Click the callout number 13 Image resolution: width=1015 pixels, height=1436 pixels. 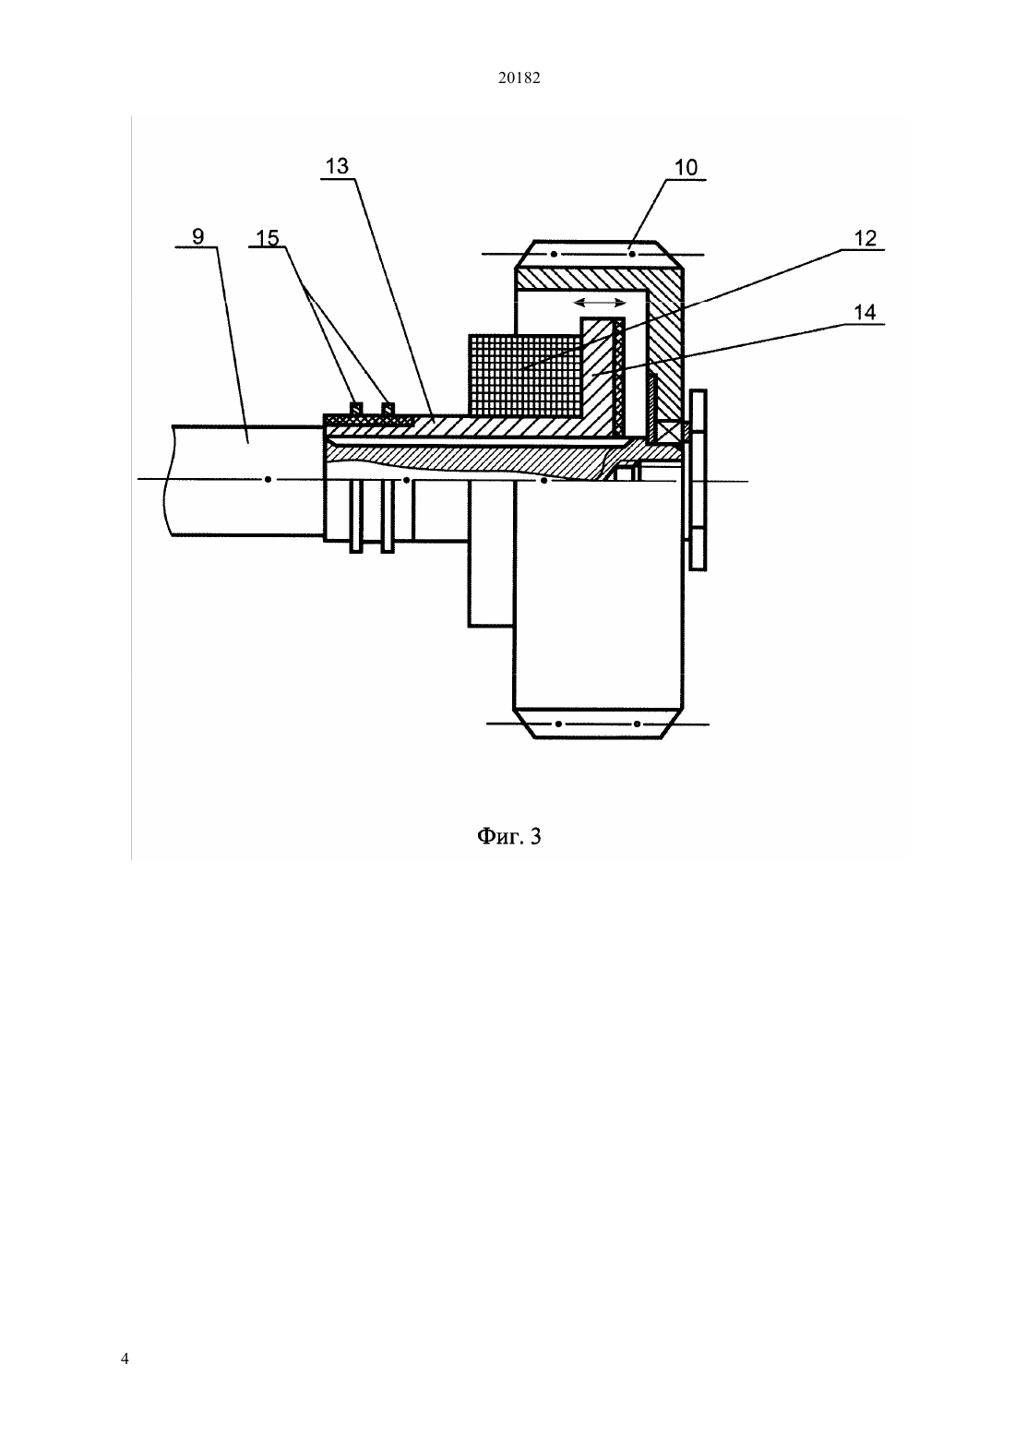pos(337,166)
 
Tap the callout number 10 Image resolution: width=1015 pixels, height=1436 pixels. pos(686,167)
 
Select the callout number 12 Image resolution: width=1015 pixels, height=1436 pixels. pos(866,238)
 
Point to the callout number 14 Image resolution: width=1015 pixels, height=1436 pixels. pos(866,312)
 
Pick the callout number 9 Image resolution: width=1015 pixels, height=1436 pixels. pos(198,236)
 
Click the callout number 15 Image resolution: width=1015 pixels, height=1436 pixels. pos(268,238)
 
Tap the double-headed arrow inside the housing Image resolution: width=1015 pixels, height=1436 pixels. pos(600,303)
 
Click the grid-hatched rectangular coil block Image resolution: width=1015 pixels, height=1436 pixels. pos(525,375)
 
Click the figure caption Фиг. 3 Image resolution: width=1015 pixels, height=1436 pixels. pos(508,837)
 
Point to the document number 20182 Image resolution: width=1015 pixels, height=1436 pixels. pos(519,78)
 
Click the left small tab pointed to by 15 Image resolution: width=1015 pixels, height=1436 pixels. pos(355,408)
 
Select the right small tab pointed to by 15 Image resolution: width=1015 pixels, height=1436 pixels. pos(388,408)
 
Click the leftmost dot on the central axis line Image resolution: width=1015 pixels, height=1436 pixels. pos(269,479)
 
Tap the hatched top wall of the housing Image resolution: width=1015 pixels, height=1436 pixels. pos(599,279)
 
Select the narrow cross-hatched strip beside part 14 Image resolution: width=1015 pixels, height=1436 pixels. pos(619,376)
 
